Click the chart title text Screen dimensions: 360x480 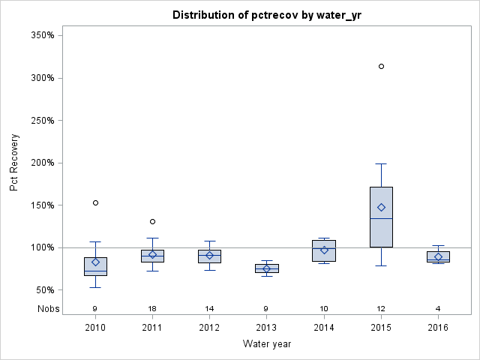pyautogui.click(x=266, y=15)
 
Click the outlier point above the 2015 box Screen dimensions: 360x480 pyautogui.click(x=381, y=67)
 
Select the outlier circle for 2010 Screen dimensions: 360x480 pyautogui.click(x=95, y=202)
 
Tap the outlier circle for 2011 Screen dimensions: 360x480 pyautogui.click(x=152, y=221)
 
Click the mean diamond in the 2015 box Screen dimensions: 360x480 pyautogui.click(x=381, y=207)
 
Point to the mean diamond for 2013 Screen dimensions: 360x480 pyautogui.click(x=266, y=268)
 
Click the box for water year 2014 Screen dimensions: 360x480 pyautogui.click(x=324, y=250)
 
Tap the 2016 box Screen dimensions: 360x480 pyautogui.click(x=438, y=256)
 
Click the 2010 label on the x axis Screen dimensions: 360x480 pyautogui.click(x=95, y=328)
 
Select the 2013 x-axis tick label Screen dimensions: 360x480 pyautogui.click(x=266, y=328)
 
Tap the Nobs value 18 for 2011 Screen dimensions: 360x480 pyautogui.click(x=152, y=308)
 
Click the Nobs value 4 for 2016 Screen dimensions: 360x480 pyautogui.click(x=438, y=308)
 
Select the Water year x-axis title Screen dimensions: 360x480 pyautogui.click(x=266, y=344)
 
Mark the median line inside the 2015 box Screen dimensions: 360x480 pyautogui.click(x=381, y=218)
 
